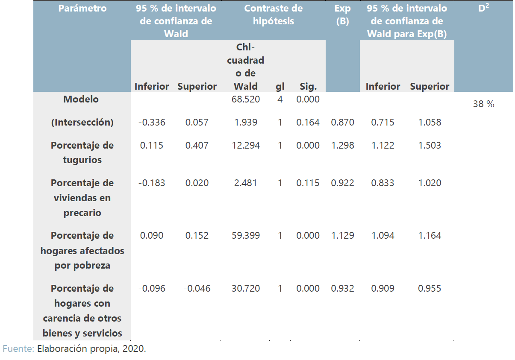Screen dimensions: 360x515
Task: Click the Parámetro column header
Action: pos(82,9)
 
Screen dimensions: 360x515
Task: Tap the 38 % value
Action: pos(483,104)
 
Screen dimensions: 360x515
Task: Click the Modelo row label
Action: pos(81,99)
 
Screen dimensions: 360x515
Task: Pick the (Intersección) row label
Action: pos(82,123)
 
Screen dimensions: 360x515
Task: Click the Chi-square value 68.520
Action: pos(246,99)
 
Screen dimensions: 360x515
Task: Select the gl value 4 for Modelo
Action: pos(280,99)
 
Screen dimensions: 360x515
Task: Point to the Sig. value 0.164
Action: pos(308,123)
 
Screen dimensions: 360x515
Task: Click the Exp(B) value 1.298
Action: pos(342,145)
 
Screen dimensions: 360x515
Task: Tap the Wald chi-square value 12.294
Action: pos(246,145)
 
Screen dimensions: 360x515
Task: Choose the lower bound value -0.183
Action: pos(152,183)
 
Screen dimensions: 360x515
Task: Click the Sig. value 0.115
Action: pos(308,183)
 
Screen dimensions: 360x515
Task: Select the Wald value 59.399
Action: pos(246,235)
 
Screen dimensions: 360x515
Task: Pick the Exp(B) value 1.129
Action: pos(342,235)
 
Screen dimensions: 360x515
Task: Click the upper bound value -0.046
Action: pos(197,288)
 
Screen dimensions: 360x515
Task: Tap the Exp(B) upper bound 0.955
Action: pos(430,288)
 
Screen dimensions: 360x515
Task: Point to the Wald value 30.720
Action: pos(246,288)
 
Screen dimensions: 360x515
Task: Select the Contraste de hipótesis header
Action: pos(274,15)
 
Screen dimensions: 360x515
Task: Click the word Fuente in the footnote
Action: pos(18,348)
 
